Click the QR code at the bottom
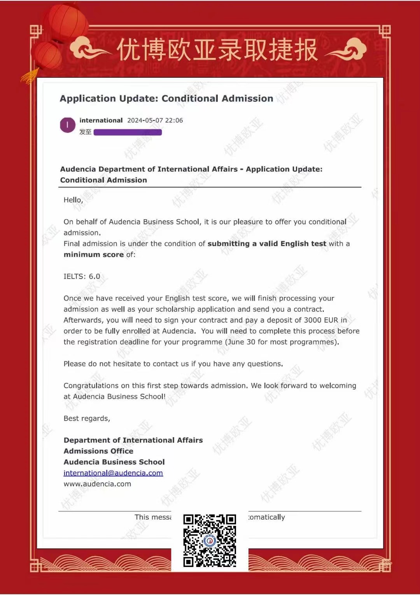coord(210,541)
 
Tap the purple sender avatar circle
coord(68,125)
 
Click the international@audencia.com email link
coord(113,473)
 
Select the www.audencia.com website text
coord(97,484)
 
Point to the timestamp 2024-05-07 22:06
coord(155,120)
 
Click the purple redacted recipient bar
coord(128,132)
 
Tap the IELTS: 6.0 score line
coord(82,276)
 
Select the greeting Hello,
coord(73,200)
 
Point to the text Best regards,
coord(87,418)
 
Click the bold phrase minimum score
coord(93,255)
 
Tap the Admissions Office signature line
coord(98,451)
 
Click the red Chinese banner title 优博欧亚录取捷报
coord(217,50)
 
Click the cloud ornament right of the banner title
coord(348,49)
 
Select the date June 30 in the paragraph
coord(241,342)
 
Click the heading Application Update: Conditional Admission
coord(166,98)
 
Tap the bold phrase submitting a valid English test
coord(267,244)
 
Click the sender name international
coord(101,120)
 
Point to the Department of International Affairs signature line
coord(133,440)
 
